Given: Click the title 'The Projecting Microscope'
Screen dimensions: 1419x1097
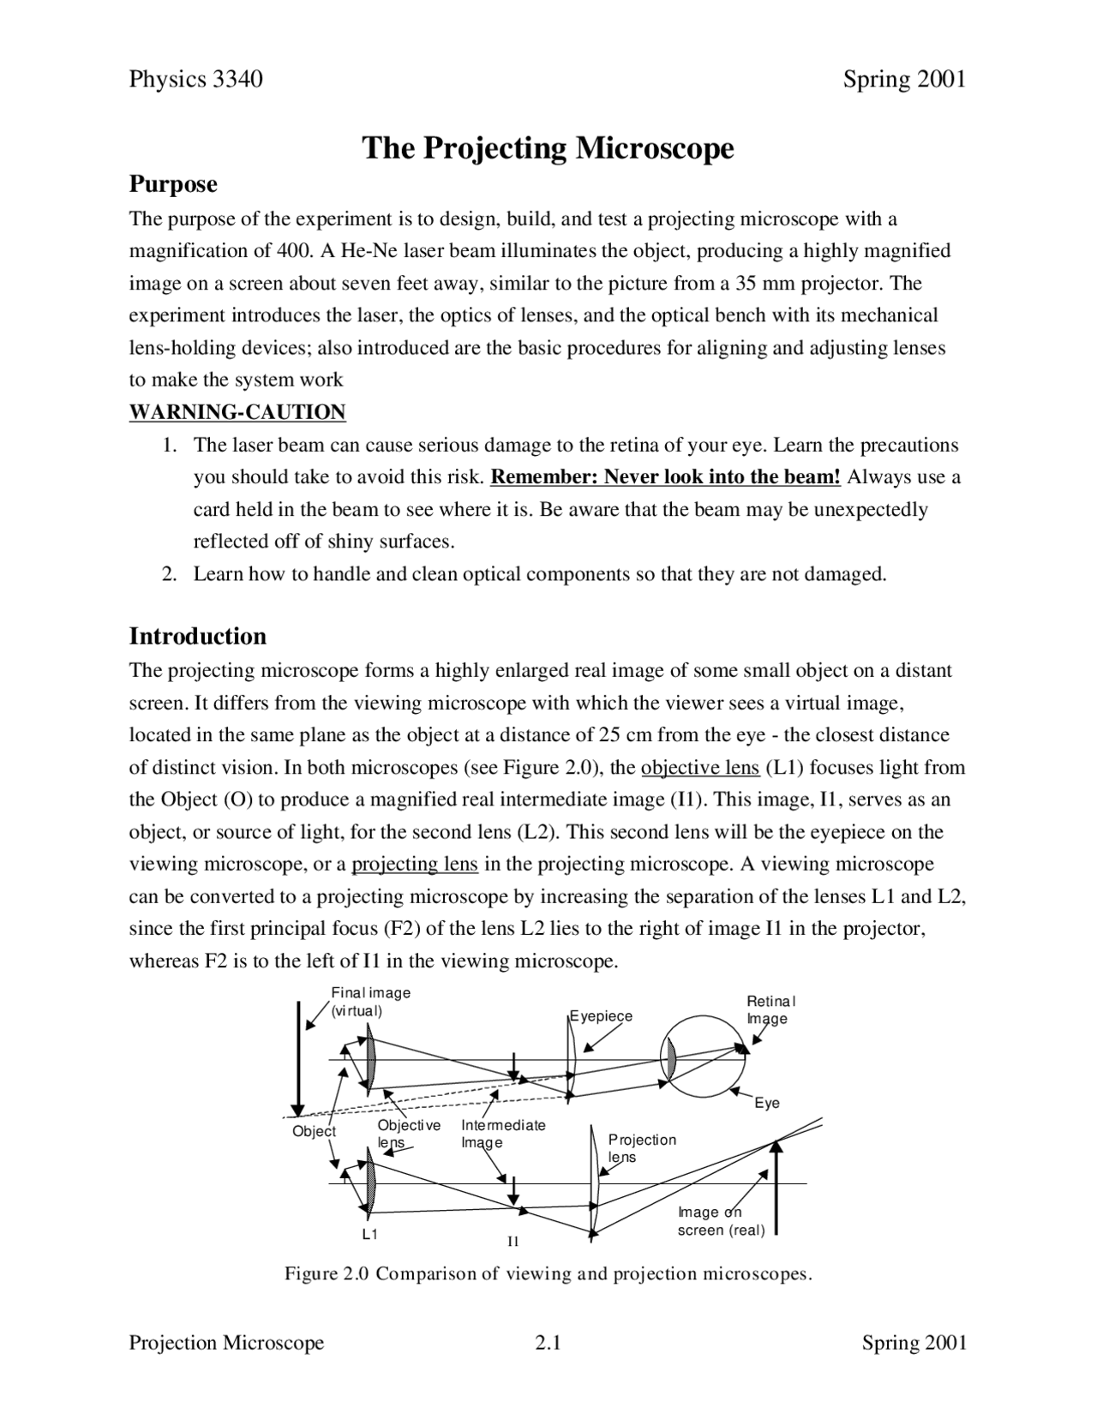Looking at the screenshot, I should pyautogui.click(x=548, y=148).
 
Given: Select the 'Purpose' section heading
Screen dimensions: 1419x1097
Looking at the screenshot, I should pyautogui.click(x=173, y=184).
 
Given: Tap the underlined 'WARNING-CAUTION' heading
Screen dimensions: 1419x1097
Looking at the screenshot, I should pyautogui.click(x=237, y=412).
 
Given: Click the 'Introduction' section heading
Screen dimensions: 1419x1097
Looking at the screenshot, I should pyautogui.click(x=197, y=637).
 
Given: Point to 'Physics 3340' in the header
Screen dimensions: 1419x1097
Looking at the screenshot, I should pyautogui.click(x=195, y=80).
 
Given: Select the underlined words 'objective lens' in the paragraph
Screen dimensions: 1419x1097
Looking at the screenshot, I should pyautogui.click(x=699, y=768).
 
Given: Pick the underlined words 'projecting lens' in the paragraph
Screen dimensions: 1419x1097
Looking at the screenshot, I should pyautogui.click(x=414, y=864).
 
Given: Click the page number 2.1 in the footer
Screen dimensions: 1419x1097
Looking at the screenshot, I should pyautogui.click(x=547, y=1343).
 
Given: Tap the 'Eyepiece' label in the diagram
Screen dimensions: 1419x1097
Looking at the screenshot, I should pyautogui.click(x=602, y=1016).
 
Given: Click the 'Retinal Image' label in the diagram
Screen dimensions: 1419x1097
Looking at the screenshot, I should pyautogui.click(x=770, y=1010).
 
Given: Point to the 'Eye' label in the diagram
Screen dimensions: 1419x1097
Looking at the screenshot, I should pyautogui.click(x=767, y=1104).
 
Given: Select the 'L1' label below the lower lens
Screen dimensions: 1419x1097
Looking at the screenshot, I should pyautogui.click(x=369, y=1235).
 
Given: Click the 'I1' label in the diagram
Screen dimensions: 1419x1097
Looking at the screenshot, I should pyautogui.click(x=513, y=1242).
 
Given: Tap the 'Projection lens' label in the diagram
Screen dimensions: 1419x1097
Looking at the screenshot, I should pyautogui.click(x=641, y=1148).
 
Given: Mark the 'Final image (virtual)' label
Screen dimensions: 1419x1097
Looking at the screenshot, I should pyautogui.click(x=370, y=1001).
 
